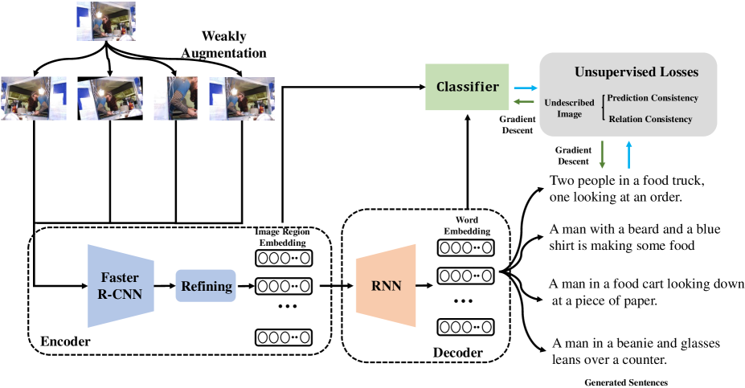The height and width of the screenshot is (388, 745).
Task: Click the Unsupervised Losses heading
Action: [x=636, y=72]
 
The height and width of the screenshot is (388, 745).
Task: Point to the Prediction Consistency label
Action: [x=653, y=98]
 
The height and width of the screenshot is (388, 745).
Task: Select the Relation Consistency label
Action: [x=650, y=119]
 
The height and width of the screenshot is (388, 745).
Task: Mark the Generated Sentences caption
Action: [x=626, y=382]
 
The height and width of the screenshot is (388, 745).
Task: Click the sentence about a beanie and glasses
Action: [x=634, y=350]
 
